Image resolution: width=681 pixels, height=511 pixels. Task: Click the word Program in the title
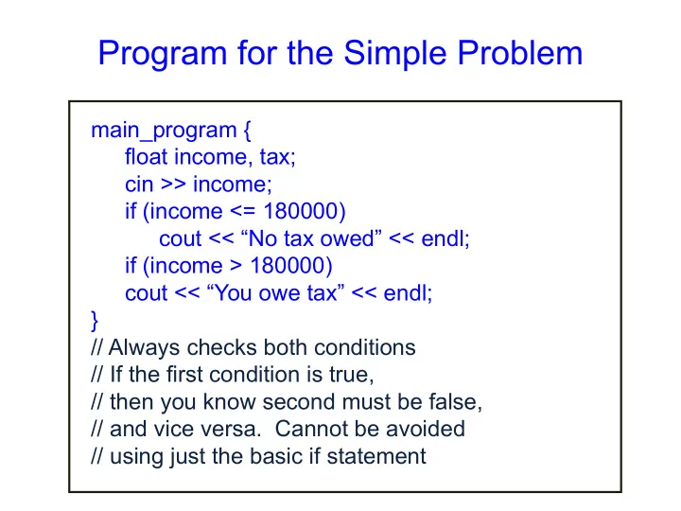click(163, 54)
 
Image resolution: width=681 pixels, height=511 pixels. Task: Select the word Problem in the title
click(520, 53)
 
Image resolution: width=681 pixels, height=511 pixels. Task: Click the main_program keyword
click(164, 131)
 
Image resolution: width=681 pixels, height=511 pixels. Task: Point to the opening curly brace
click(247, 131)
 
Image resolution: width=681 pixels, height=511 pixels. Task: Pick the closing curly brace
click(95, 321)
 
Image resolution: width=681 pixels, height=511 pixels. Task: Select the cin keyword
click(139, 185)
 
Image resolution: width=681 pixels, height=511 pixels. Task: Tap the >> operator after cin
click(173, 185)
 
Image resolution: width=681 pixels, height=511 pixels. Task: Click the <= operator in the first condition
click(242, 211)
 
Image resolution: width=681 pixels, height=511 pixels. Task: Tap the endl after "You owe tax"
click(408, 292)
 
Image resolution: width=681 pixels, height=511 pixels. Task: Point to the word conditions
click(365, 347)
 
